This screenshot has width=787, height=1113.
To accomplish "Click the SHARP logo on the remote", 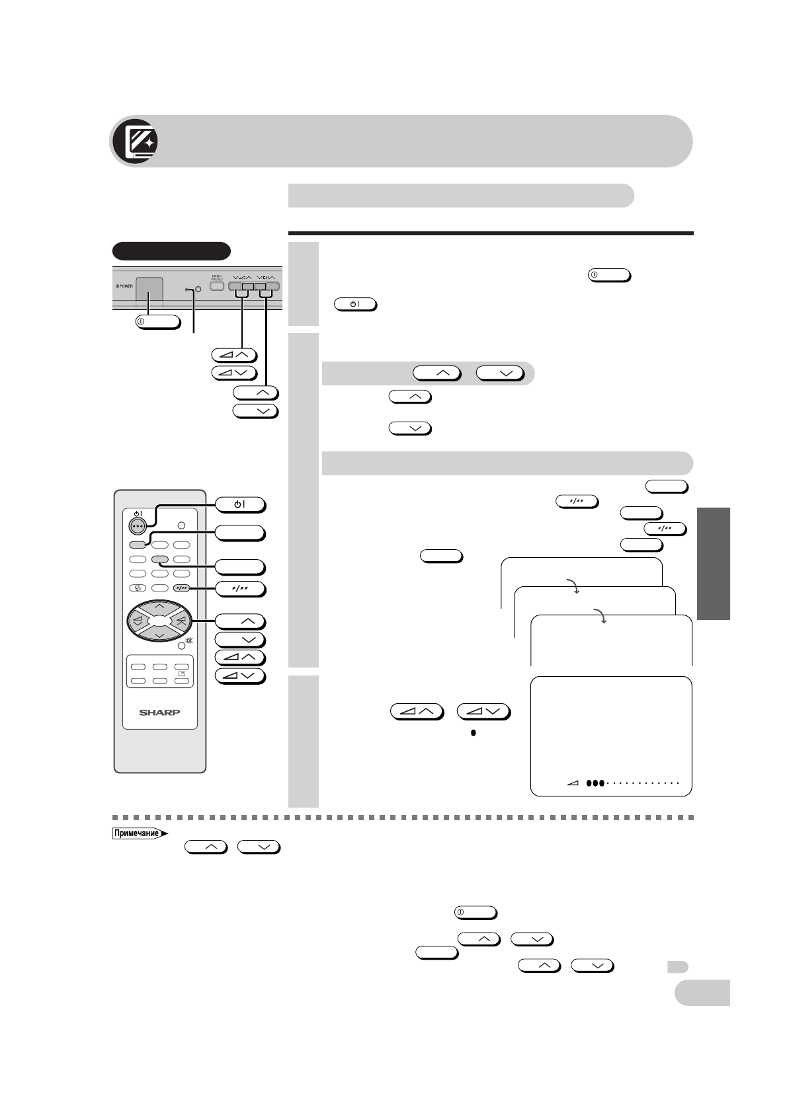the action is (x=159, y=712).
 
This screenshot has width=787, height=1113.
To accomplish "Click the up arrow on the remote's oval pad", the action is (x=159, y=606).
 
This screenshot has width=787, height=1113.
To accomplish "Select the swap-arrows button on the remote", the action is (x=138, y=588).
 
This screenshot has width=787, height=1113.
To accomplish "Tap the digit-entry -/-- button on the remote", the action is (x=181, y=588).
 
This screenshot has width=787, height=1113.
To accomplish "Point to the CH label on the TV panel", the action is (x=267, y=277).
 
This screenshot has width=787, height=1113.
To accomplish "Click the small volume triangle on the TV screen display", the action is (x=573, y=783).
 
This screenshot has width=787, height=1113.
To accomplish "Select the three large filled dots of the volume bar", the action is (x=595, y=783).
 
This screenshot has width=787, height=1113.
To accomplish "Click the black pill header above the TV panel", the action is (x=171, y=251).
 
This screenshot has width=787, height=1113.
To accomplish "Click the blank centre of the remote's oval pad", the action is (x=159, y=621).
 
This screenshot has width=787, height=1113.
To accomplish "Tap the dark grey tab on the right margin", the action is (x=713, y=563).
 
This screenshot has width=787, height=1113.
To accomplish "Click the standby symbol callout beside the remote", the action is (x=240, y=505).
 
